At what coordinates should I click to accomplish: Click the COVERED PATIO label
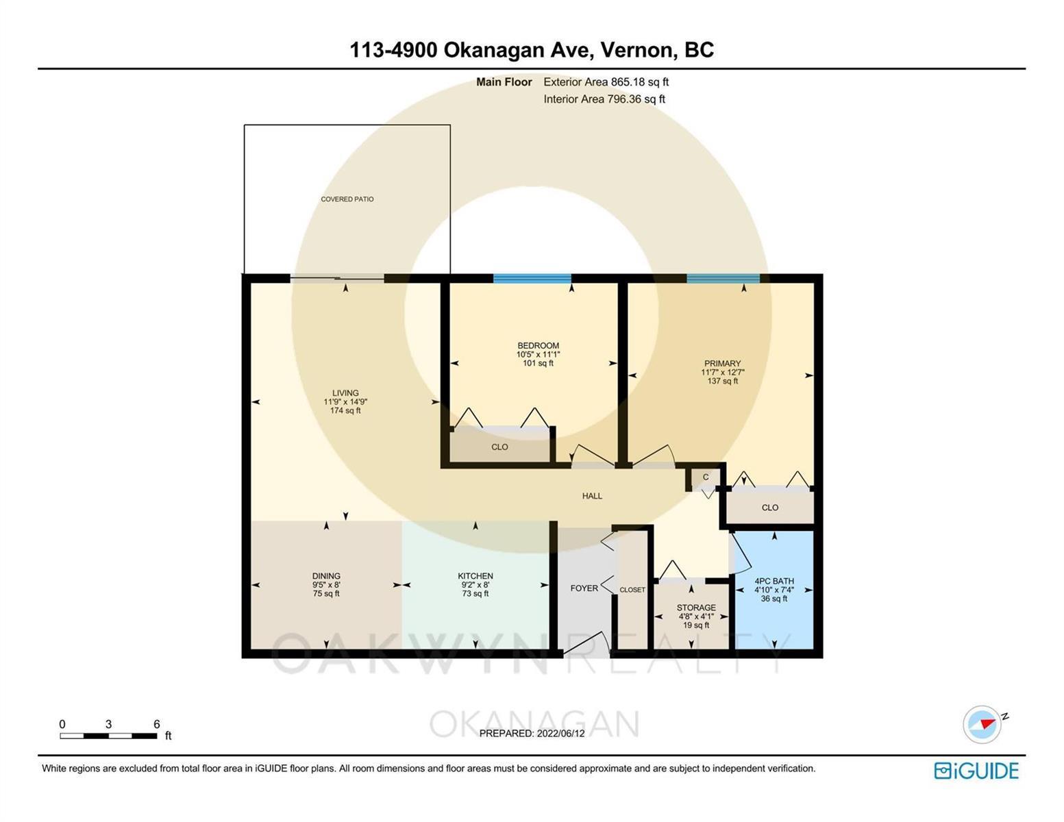point(347,199)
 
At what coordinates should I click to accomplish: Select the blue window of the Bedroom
point(532,279)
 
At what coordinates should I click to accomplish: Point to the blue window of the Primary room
point(723,279)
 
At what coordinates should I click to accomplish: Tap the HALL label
point(592,496)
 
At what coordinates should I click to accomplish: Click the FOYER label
point(584,588)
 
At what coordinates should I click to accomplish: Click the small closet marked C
point(706,478)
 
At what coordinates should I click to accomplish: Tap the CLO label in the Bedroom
point(499,447)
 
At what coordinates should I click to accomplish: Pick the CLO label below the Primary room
point(769,508)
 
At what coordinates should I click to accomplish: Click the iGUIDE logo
point(976,771)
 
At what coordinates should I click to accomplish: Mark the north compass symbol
point(982,725)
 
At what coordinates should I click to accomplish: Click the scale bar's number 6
point(157,723)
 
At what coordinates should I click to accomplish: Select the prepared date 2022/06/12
point(560,734)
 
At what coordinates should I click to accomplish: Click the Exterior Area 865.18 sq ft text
point(606,82)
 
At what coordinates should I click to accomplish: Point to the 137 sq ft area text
point(722,381)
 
